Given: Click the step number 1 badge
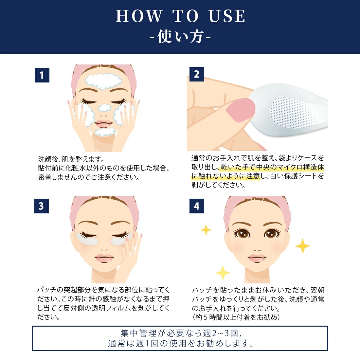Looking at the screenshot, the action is click(42, 75).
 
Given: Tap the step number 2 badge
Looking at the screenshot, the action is click(197, 74).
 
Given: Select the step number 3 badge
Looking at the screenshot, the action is click(41, 206).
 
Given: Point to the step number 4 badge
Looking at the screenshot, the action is click(197, 206).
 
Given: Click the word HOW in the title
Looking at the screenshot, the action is click(139, 16).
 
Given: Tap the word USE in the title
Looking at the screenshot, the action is click(227, 16).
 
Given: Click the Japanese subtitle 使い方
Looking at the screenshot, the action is click(180, 37).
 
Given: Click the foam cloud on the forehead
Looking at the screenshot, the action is click(103, 81).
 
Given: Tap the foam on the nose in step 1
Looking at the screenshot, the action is click(105, 108).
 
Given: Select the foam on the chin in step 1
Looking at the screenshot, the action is click(105, 132).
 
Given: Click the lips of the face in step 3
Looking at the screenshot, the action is click(104, 258).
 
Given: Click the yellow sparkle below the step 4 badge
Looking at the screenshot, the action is click(206, 230).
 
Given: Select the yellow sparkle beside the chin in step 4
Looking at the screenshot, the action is click(223, 273).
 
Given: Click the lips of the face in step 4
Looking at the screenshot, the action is click(257, 258).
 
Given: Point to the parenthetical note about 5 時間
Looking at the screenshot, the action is click(236, 317).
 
